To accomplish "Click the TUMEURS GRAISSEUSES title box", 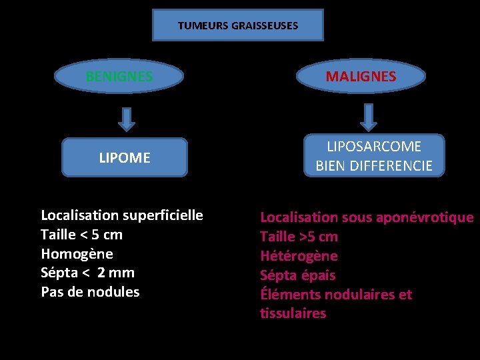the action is coord(238,25).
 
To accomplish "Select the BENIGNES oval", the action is coord(119,77).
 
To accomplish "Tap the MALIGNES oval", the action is coord(361,77).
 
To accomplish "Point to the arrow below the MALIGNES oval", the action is coord(368,116).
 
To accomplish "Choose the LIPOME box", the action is coord(125,158).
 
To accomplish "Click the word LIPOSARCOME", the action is coord(374,146).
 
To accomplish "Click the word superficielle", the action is coord(163,215).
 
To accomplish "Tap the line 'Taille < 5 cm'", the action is coord(81,235).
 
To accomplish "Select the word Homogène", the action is coord(77,254).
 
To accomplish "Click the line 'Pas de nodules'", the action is coord(90,292).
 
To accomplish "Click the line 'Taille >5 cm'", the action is coord(299,237).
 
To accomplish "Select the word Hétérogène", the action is coord(299,256).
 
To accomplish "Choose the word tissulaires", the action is coord(293,313).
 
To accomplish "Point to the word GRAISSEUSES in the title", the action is coord(265,26).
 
